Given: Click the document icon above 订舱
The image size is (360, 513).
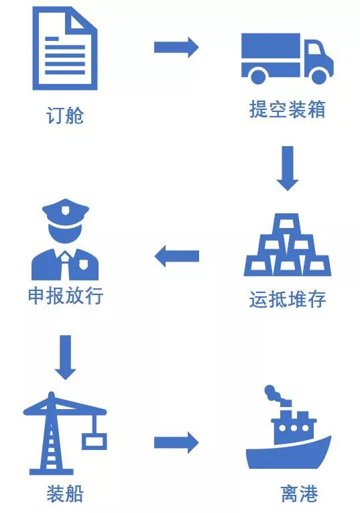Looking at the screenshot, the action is pos(65,48).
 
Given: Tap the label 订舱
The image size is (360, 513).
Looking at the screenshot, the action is pos(65,115).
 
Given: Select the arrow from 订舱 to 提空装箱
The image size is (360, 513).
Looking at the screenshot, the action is pos(176,47).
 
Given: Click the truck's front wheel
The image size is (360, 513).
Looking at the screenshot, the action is pos(319,76).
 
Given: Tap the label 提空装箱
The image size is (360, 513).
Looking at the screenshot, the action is pos(288,109).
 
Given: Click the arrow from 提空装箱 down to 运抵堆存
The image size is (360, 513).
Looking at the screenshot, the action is pos(288,168).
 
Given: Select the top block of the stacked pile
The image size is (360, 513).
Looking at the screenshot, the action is pos(287,224).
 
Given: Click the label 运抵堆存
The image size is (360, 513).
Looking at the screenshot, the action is pos(288,299).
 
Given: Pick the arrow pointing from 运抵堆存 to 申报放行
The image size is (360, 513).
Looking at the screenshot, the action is pos(176,256).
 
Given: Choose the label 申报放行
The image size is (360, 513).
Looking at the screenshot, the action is pos(66,296).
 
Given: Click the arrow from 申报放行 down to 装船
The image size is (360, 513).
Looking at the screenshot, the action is pos(65,357).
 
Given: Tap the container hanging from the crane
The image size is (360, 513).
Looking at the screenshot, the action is pos(94,441).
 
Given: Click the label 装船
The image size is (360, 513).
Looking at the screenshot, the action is pos(65,494).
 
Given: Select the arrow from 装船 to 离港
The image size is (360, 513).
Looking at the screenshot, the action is pos(176,443).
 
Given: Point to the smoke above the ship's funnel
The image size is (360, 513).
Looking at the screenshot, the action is pos(274,395).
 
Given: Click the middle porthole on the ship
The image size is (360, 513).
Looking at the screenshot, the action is pos(293,428).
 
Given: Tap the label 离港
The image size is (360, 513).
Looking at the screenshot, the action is pos(299,494).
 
